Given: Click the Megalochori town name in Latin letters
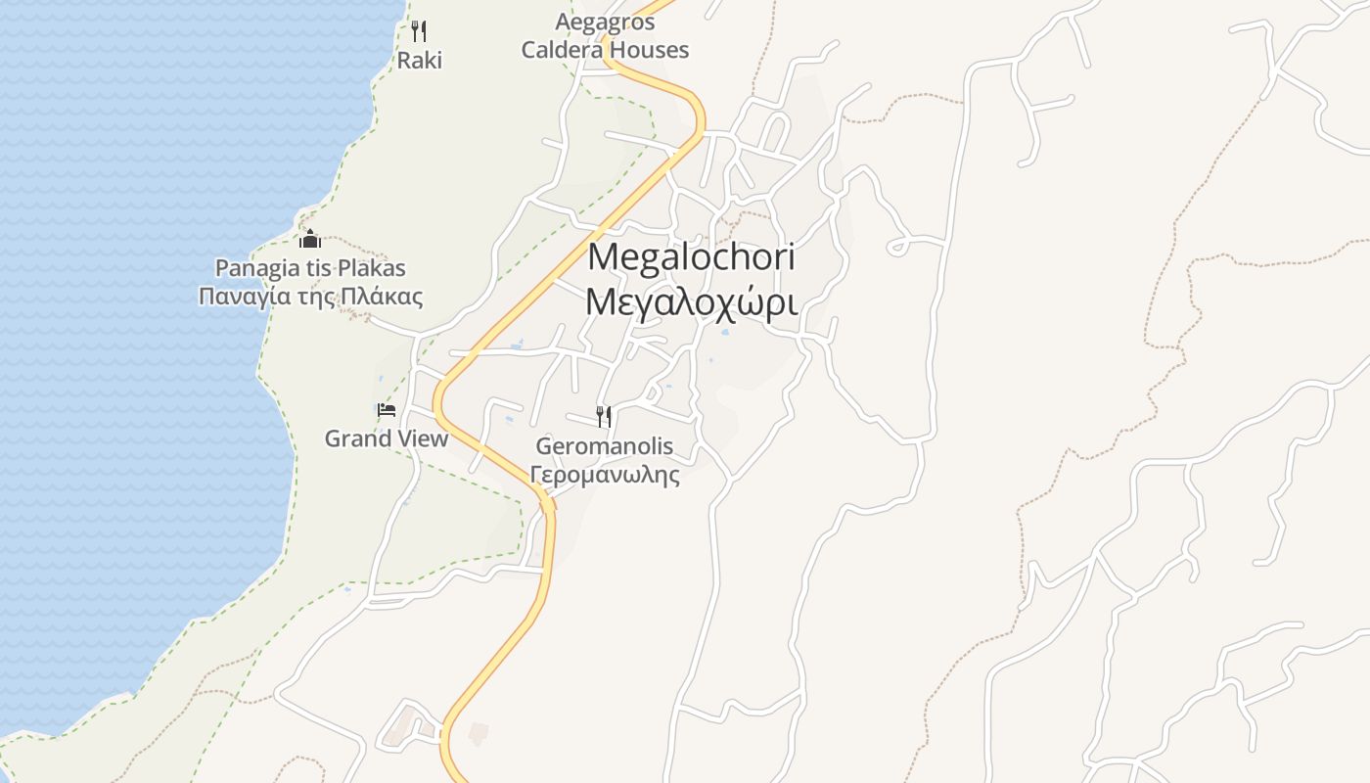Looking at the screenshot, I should pos(691,257).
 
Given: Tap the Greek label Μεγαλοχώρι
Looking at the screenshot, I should pos(691,302).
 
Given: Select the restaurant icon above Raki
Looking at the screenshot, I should pos(419,31).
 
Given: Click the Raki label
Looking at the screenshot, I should pos(419,61).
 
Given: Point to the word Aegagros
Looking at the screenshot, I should pos(605,22).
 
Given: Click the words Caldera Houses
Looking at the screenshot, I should pos(605,50).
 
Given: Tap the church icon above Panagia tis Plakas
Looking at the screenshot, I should pos(310,239).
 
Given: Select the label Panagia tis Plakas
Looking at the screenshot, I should pos(310,268).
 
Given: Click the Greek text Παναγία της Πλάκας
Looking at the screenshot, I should pos(310,297).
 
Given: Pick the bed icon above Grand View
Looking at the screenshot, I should pos(387,410).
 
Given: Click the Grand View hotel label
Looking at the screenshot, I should pos(387,438).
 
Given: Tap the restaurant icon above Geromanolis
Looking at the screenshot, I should pos(604,417).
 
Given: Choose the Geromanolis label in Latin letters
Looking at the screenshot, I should pos(605,446).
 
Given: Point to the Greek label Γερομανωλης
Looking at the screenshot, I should pos(605,476).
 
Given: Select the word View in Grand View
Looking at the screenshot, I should pos(421,438).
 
